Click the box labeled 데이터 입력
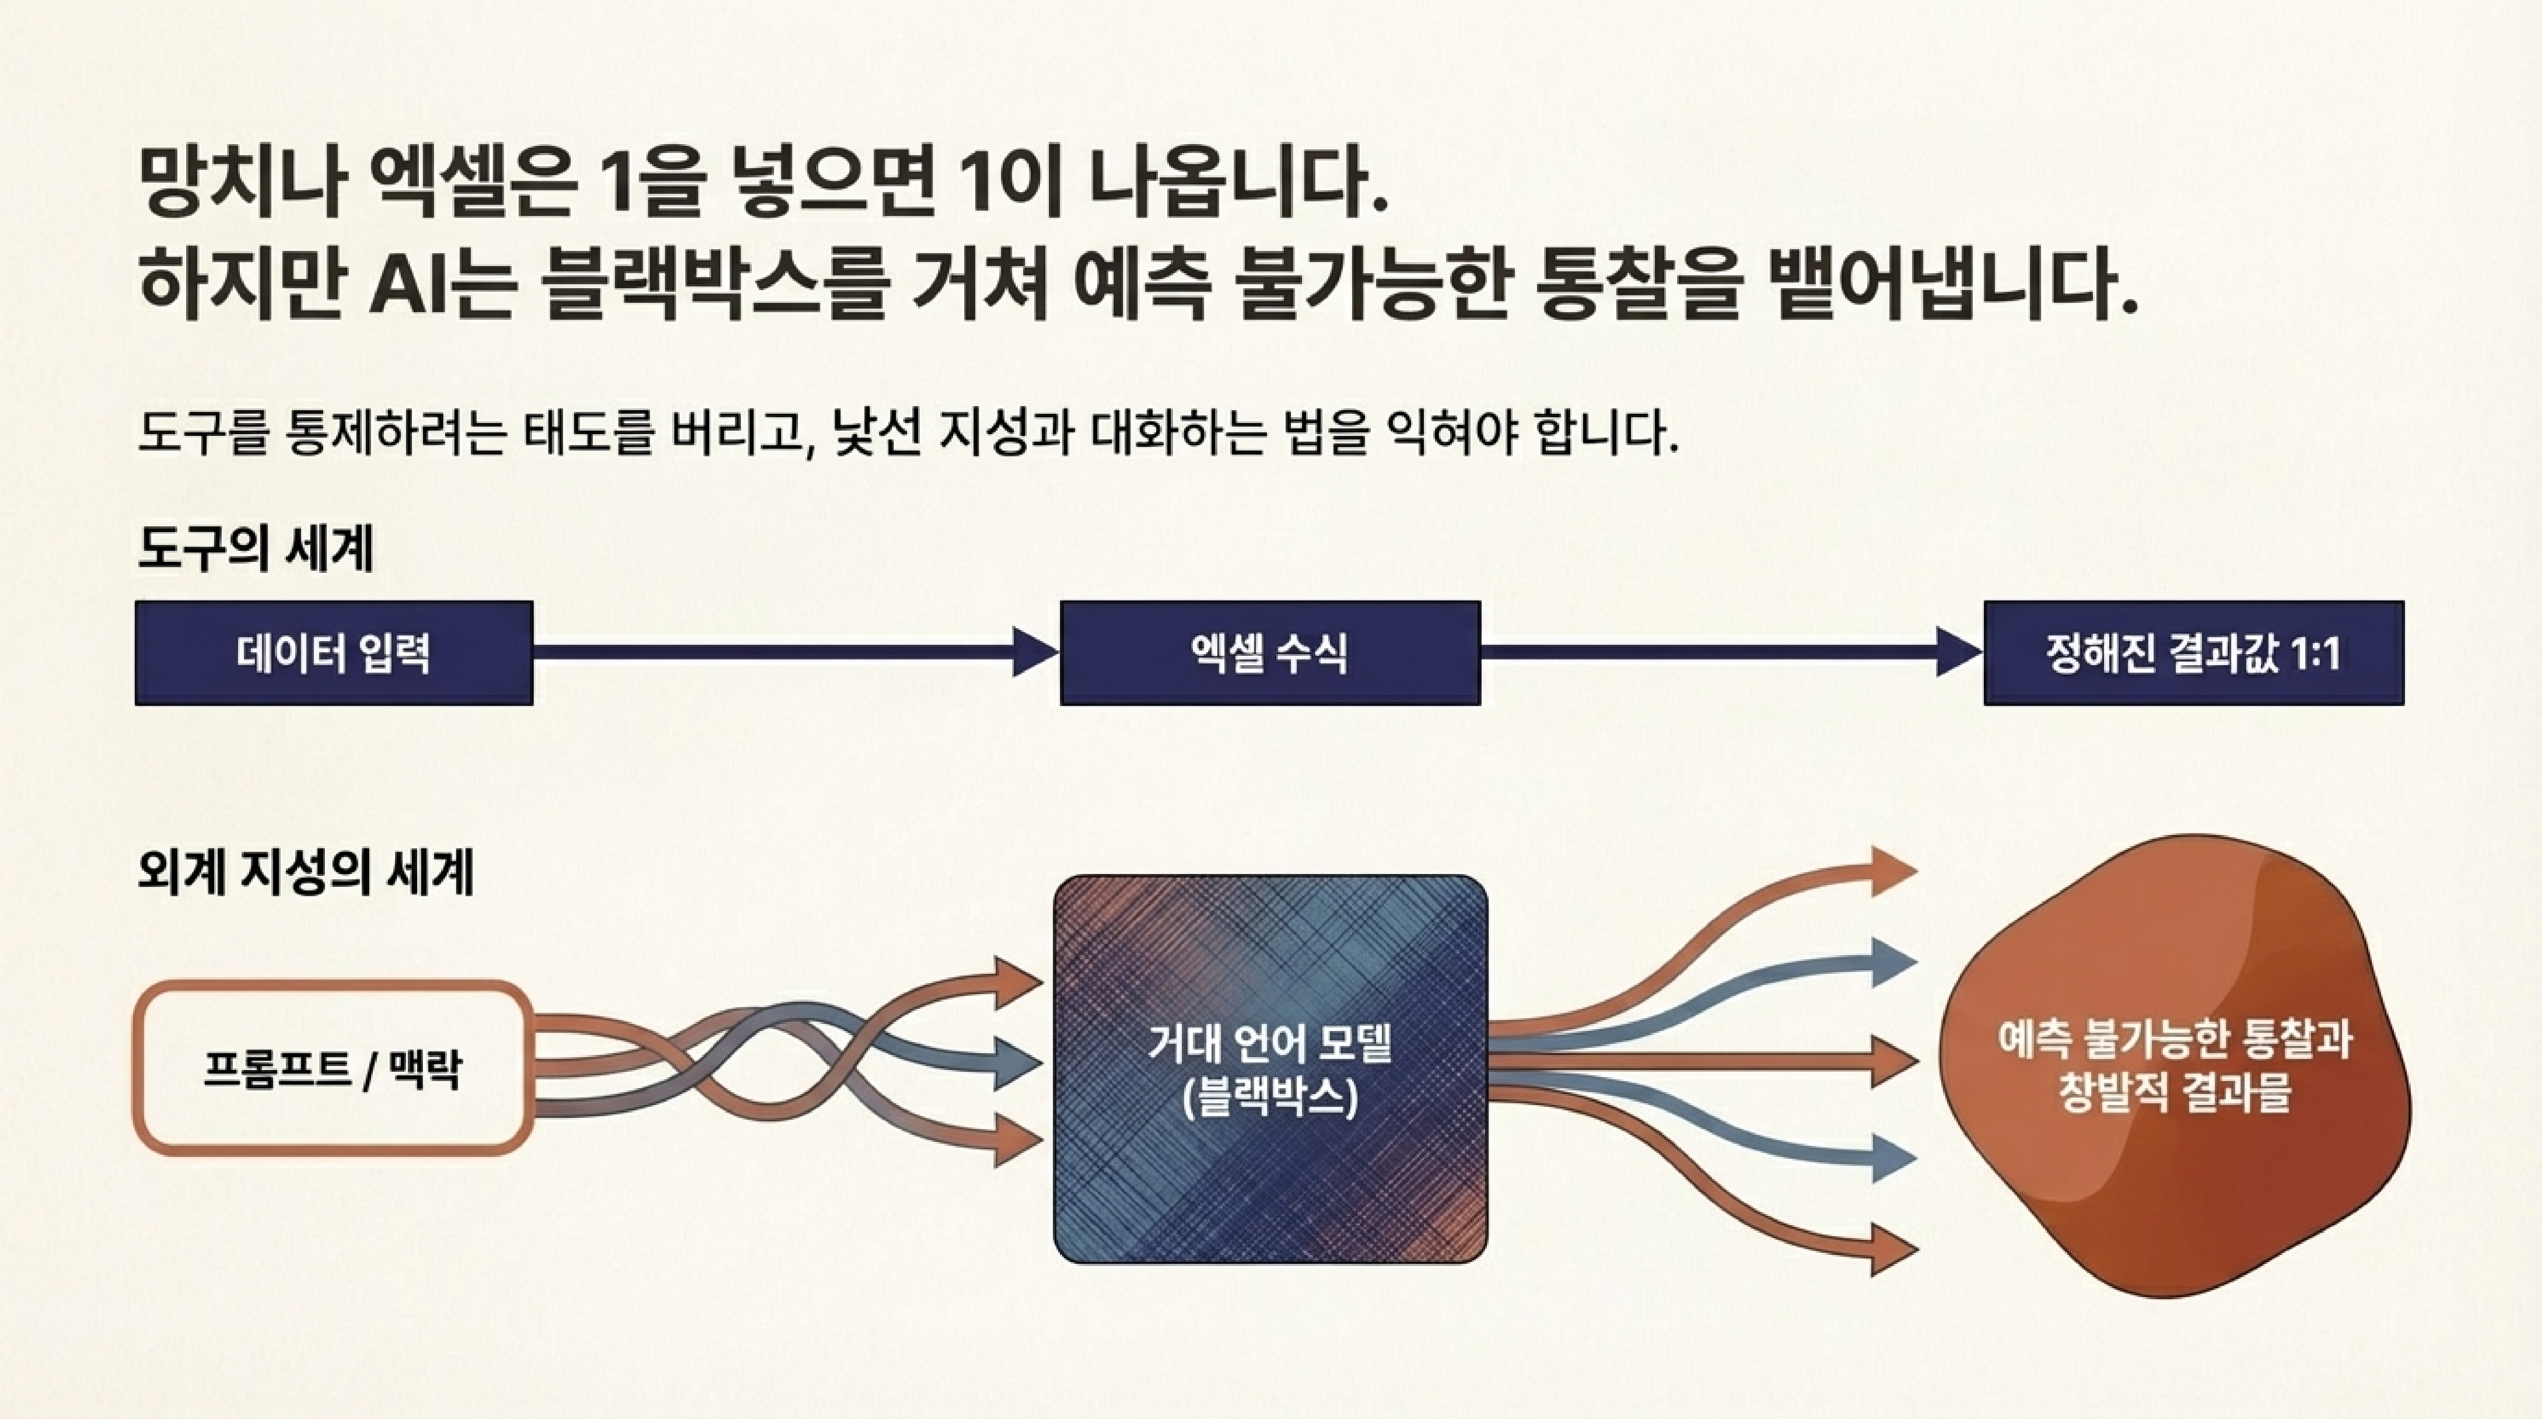coord(333,653)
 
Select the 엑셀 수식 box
coord(1270,653)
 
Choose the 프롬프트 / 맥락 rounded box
coord(333,1068)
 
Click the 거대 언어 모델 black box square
coord(1270,1164)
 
